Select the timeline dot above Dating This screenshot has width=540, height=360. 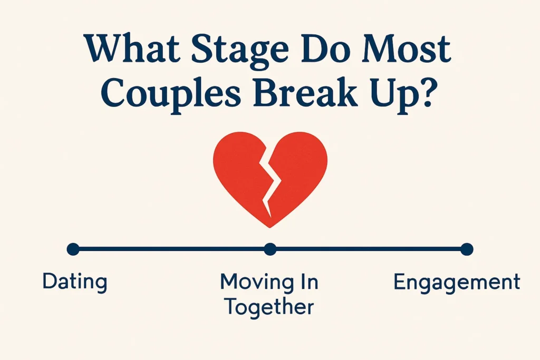pyautogui.click(x=73, y=249)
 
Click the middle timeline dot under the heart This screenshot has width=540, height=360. pyautogui.click(x=270, y=249)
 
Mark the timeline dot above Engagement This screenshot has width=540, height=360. pyautogui.click(x=467, y=249)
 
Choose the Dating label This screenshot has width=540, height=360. pyautogui.click(x=74, y=281)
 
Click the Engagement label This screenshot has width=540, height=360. pyautogui.click(x=457, y=283)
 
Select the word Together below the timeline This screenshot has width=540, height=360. pyautogui.click(x=269, y=306)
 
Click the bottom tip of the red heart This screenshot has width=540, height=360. pyautogui.click(x=270, y=226)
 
